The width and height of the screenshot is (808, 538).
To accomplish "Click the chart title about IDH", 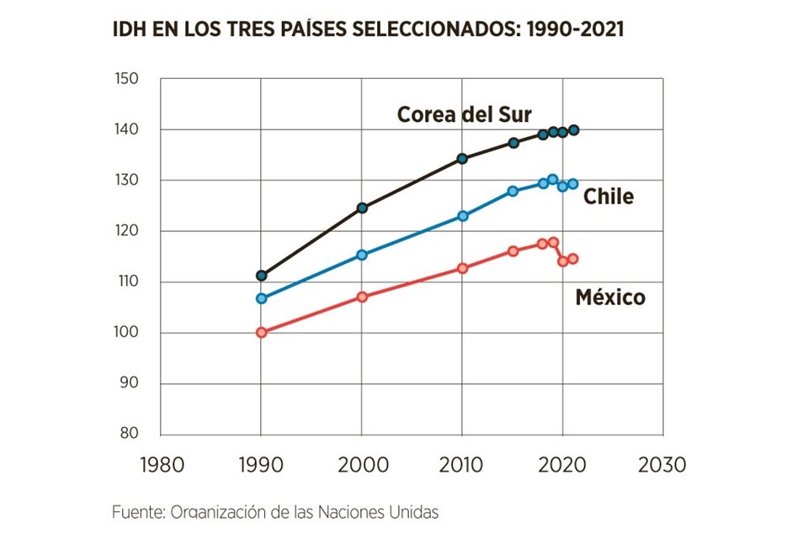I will point(368,29).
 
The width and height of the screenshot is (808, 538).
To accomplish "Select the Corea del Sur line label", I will point(465,114).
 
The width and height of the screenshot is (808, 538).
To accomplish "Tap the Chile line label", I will point(609,197).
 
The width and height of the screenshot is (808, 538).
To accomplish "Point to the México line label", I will point(610,297).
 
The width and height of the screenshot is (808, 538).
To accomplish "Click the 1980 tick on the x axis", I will point(161,465).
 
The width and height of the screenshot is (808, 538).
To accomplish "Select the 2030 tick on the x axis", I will point(662,465).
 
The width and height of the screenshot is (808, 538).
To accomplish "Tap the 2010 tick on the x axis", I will point(462,465).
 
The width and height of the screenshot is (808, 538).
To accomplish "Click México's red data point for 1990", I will point(261,332).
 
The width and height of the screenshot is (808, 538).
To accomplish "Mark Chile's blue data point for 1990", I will point(261,298).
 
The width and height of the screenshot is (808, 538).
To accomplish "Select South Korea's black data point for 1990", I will point(261,276).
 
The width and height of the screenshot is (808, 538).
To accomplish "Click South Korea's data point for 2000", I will point(362,208).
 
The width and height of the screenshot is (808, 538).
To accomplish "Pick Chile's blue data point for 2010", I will point(462,216).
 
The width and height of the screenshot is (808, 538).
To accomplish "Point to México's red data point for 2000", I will point(362,297).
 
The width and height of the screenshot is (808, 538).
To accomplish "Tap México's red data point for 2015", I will point(513,251).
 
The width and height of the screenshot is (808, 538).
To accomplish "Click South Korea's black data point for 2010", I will point(462,159).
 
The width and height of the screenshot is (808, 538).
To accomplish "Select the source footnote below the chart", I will point(275,511).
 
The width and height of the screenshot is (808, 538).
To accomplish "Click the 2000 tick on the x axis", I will point(362,465).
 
